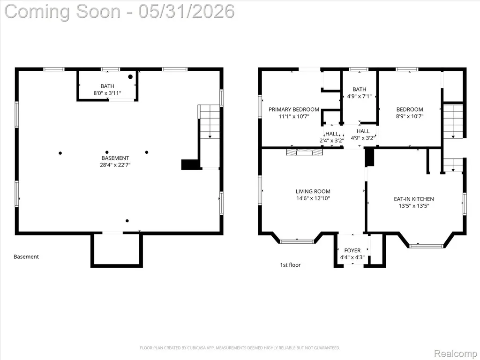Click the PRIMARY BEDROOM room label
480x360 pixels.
[x=294, y=109]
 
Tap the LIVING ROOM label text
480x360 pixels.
[x=313, y=191]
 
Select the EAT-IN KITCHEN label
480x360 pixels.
[x=413, y=199]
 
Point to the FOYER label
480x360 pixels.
[x=352, y=250]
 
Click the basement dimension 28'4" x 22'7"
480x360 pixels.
[x=115, y=165]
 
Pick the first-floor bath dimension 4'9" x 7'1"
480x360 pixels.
[x=359, y=96]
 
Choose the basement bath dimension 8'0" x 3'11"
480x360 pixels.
[x=107, y=93]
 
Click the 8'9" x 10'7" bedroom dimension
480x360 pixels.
[x=410, y=116]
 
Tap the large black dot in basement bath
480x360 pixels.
[x=130, y=76]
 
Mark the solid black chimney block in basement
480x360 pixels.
[x=190, y=165]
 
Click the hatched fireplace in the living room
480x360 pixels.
[x=305, y=152]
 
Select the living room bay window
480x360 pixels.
[x=297, y=241]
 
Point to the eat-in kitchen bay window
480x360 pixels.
[x=427, y=246]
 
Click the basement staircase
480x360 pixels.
[x=210, y=121]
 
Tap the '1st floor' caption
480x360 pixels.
[x=290, y=265]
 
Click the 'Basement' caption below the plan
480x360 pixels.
[x=26, y=256]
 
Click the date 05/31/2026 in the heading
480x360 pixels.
[x=187, y=11]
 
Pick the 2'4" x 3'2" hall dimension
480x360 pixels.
[x=332, y=141]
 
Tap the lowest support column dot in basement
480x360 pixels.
[x=127, y=221]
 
